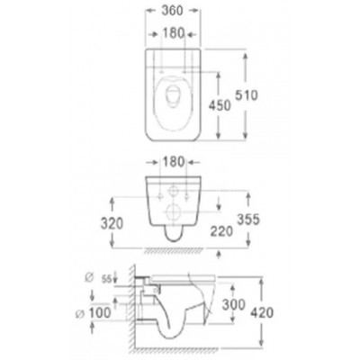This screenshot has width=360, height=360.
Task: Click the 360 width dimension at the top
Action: click(x=172, y=11)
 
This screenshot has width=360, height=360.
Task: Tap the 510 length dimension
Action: click(x=246, y=95)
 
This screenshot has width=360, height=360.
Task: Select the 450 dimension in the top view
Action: click(x=220, y=105)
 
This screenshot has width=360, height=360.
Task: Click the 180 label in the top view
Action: click(x=173, y=33)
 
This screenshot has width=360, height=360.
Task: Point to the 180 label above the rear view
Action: click(x=174, y=162)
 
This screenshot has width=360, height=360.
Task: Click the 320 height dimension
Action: click(x=112, y=223)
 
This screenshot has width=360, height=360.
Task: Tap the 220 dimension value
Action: click(x=221, y=231)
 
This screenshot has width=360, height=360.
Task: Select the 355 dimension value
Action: click(x=248, y=220)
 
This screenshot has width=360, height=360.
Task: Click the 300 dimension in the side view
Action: click(x=233, y=305)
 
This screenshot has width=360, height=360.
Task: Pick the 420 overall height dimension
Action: click(x=262, y=312)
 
